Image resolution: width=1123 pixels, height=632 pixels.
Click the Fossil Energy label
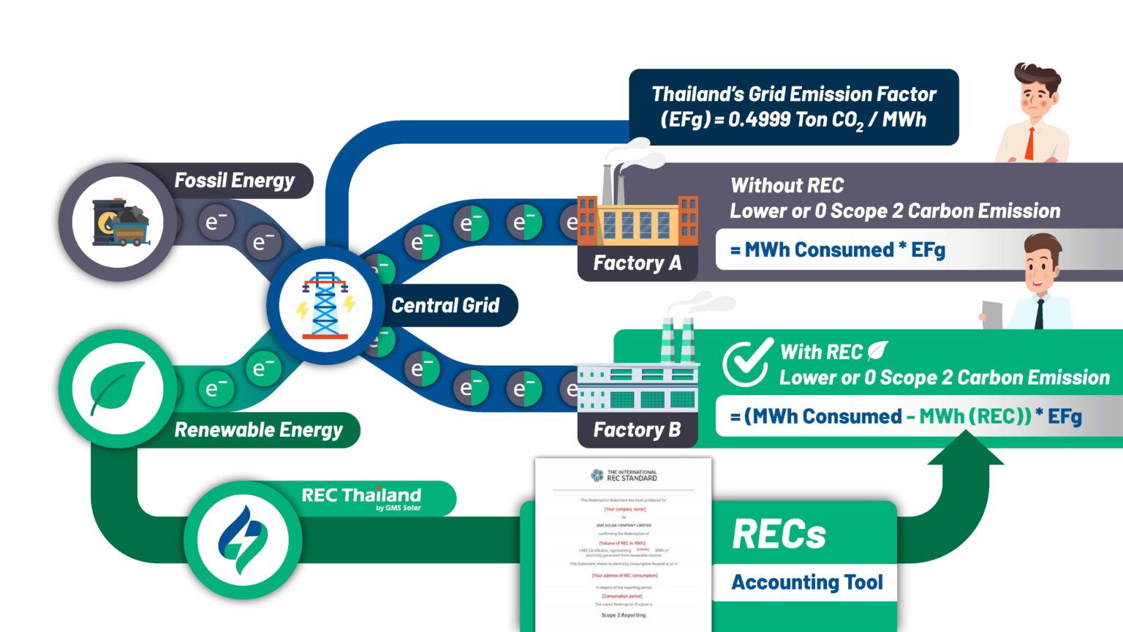click(x=234, y=181)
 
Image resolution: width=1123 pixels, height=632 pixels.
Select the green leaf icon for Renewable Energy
click(x=117, y=388)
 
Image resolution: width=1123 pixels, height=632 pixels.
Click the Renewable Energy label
click(x=258, y=430)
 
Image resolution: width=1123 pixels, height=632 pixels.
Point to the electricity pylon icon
click(x=325, y=305)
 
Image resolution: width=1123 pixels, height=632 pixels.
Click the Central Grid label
click(x=445, y=305)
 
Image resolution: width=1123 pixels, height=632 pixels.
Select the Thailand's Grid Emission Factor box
click(x=793, y=107)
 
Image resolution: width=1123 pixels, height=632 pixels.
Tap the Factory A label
click(x=637, y=263)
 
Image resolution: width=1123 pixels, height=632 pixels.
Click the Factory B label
click(x=637, y=429)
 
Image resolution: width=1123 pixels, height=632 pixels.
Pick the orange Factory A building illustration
click(x=637, y=212)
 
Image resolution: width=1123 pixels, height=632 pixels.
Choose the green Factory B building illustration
click(x=638, y=380)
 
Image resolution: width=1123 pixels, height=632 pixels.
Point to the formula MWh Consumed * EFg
click(x=837, y=250)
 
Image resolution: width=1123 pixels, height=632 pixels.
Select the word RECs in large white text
click(x=779, y=534)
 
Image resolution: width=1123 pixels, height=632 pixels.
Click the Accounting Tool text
click(x=807, y=582)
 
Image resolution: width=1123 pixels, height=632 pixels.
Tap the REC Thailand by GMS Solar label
click(x=362, y=497)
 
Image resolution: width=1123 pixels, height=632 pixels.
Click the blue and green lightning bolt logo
click(x=243, y=539)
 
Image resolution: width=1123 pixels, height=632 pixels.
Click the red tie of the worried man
click(x=1030, y=143)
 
